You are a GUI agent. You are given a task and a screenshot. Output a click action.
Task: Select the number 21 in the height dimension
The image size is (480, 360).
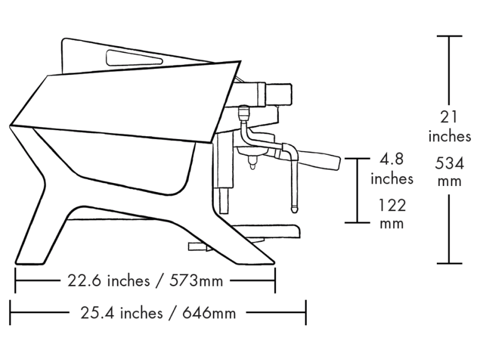[x=449, y=116]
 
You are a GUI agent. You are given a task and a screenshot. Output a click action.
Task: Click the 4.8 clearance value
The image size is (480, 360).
[x=392, y=160]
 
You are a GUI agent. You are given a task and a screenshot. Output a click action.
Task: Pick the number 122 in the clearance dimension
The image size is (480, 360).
[x=392, y=205]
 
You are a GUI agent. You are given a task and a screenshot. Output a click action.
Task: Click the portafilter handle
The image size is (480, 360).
[x=318, y=161]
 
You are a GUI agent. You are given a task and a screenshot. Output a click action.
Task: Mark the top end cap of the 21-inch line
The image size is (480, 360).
[x=449, y=37]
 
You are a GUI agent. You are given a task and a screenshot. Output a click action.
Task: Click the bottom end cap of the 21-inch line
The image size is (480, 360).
[x=449, y=263]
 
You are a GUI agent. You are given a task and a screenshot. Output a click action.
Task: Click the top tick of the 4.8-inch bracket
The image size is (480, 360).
[x=358, y=158]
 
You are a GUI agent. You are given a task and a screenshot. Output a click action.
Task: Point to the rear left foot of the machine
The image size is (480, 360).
[x=30, y=258]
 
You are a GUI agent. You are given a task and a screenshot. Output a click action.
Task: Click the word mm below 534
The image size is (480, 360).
[x=449, y=181]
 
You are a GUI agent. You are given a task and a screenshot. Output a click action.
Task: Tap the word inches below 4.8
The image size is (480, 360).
[x=392, y=178]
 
